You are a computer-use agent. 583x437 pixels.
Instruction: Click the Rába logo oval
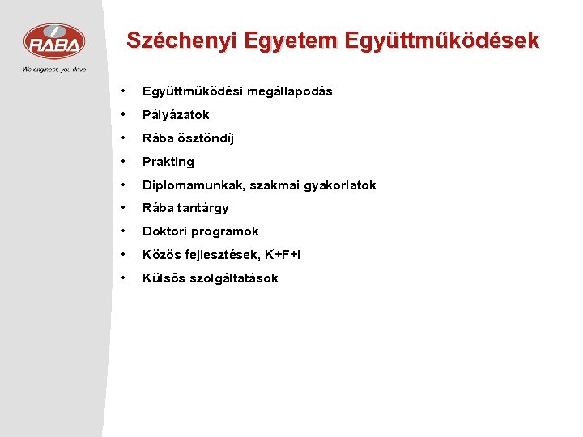(x=53, y=41)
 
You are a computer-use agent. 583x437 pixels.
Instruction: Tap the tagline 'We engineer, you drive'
(x=53, y=70)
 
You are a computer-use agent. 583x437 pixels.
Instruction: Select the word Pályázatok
(x=176, y=115)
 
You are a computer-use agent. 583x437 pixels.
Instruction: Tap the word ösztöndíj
(x=203, y=138)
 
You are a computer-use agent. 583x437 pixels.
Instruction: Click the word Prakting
(x=168, y=162)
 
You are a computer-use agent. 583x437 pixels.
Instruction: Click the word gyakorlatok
(x=338, y=185)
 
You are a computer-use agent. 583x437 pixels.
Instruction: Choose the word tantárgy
(x=202, y=208)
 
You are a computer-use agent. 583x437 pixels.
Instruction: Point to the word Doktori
(x=165, y=231)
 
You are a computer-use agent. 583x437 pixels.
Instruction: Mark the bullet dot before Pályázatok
(x=122, y=115)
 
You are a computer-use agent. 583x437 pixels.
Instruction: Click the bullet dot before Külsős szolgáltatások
(x=122, y=278)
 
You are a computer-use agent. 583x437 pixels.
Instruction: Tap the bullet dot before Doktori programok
(x=122, y=231)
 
